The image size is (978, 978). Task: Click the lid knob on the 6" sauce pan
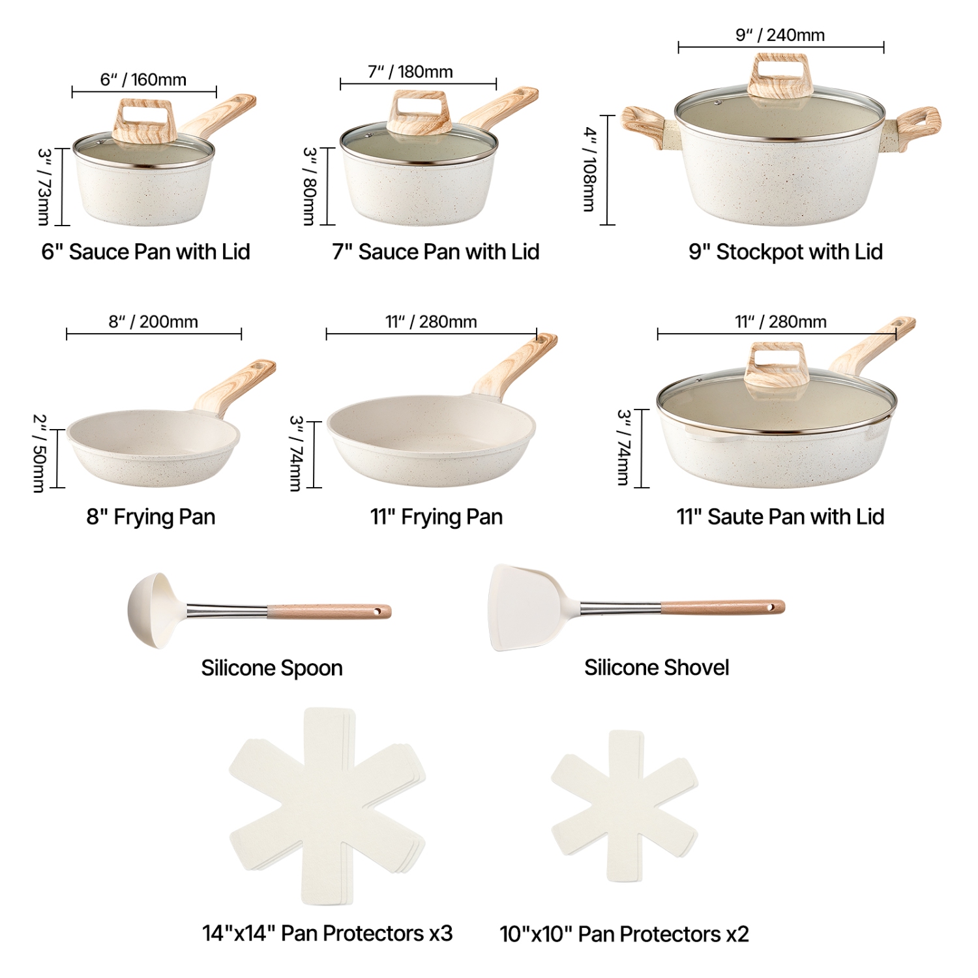click(x=144, y=121)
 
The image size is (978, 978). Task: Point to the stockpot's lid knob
click(x=778, y=76)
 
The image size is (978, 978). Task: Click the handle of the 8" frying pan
click(x=238, y=385)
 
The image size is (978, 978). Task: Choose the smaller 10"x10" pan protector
click(x=625, y=807)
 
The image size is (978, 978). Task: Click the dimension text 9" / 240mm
click(x=780, y=35)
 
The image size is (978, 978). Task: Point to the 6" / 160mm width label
click(x=143, y=80)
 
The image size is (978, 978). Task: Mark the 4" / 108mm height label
click(x=589, y=170)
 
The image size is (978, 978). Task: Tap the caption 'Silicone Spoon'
click(x=272, y=668)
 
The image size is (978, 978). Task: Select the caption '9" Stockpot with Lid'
click(x=786, y=252)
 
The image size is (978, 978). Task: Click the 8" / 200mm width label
click(x=153, y=321)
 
